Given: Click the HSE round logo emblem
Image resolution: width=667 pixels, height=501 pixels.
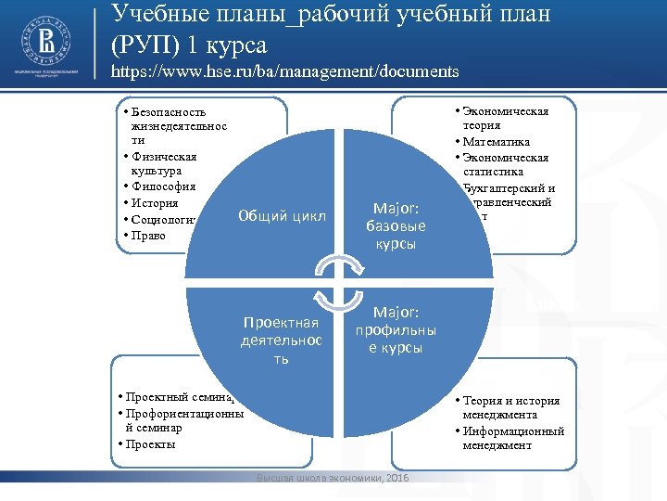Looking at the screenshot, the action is point(44,42).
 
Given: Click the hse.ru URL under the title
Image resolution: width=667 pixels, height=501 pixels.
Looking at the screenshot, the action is point(284,71).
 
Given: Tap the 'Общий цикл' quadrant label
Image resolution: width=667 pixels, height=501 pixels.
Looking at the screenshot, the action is point(282,216).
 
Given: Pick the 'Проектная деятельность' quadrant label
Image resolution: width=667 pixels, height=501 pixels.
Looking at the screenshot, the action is point(280,340).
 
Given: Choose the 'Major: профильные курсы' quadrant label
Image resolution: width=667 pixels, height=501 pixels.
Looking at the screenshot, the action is point(396,330).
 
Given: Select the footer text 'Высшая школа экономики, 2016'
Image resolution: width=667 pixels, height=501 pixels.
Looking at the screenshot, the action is point(332,477).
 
